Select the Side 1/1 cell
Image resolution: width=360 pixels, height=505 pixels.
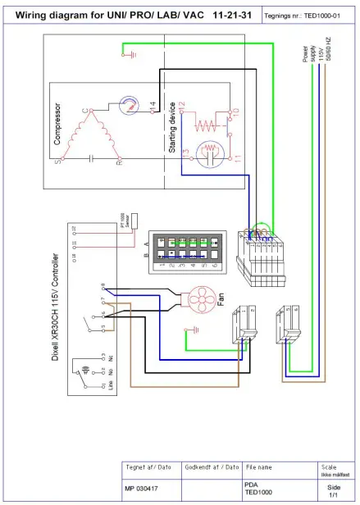[x=333, y=490]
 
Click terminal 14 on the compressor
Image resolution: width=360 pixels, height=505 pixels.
[x=153, y=105]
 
